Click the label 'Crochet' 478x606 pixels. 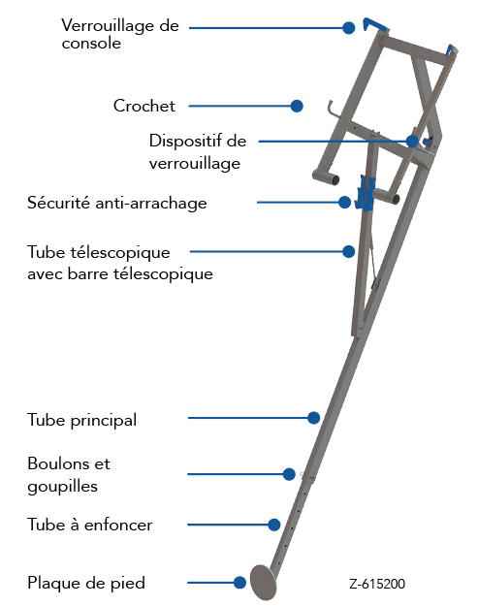click(144, 106)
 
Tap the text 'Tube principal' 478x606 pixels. click(81, 420)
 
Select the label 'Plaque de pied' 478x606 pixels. click(86, 583)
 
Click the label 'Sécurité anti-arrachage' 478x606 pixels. click(117, 203)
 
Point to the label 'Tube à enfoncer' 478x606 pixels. click(89, 525)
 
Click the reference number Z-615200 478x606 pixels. click(377, 584)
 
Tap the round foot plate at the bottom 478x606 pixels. click(264, 582)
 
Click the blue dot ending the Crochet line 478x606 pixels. click(297, 106)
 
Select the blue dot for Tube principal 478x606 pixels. click(314, 418)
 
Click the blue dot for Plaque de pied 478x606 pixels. click(239, 583)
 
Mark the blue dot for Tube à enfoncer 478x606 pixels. click(274, 525)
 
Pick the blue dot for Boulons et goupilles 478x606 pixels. click(289, 474)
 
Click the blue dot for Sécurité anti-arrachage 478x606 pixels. click(345, 202)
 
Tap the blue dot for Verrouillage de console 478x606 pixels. click(349, 28)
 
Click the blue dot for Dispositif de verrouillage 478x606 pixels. click(412, 142)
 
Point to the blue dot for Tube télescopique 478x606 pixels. click(348, 251)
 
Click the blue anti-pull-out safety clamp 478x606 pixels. click(366, 193)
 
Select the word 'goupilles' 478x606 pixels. click(62, 487)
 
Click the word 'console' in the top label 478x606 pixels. click(91, 43)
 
